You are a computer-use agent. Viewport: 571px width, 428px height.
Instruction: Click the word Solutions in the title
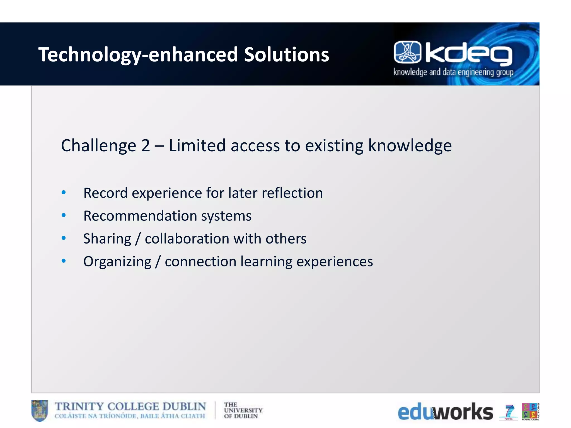click(286, 54)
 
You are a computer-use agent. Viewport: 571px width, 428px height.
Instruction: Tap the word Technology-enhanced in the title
click(138, 55)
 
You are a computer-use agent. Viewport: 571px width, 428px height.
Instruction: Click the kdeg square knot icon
click(407, 52)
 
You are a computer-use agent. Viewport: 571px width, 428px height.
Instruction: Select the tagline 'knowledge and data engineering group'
click(453, 72)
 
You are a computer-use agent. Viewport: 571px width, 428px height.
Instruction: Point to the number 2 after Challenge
click(146, 146)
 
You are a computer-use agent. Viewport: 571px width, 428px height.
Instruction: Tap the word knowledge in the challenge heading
click(410, 146)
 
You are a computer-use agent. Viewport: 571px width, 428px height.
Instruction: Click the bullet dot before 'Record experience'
click(64, 193)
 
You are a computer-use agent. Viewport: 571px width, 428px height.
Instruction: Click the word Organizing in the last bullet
click(117, 262)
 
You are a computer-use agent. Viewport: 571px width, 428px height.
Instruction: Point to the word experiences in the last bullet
click(334, 262)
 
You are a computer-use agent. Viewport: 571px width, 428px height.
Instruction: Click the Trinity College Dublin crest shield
click(40, 410)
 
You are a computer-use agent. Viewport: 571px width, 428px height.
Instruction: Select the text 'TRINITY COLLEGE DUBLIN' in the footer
click(130, 407)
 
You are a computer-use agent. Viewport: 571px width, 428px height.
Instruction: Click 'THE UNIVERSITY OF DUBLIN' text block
click(243, 410)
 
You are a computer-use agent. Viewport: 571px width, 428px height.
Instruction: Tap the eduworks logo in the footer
click(445, 412)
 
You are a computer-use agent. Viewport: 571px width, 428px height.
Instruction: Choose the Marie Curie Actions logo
click(530, 411)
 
